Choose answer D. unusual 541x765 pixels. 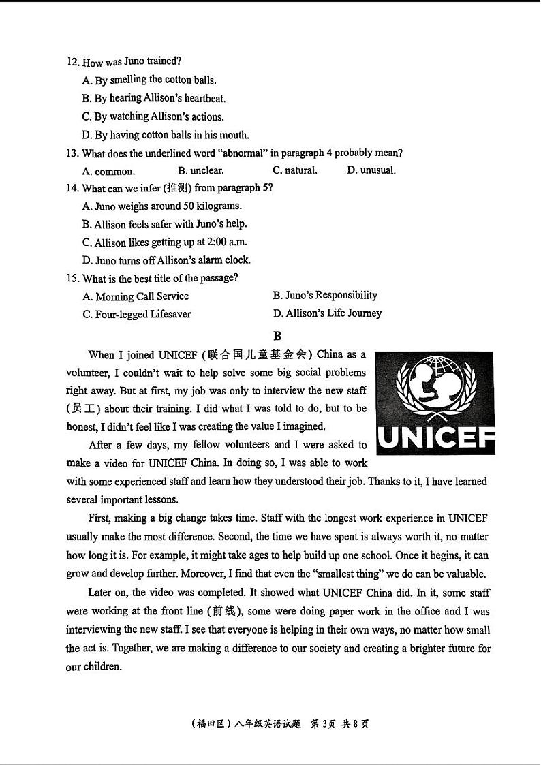pyautogui.click(x=371, y=170)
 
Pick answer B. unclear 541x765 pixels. pyautogui.click(x=200, y=170)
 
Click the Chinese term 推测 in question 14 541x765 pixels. pyautogui.click(x=176, y=188)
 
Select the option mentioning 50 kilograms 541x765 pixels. pyautogui.click(x=162, y=206)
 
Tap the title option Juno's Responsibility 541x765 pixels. pyautogui.click(x=325, y=296)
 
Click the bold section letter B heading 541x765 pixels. pyautogui.click(x=277, y=335)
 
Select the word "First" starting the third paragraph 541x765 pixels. pyautogui.click(x=101, y=518)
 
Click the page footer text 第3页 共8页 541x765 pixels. pyautogui.click(x=339, y=724)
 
